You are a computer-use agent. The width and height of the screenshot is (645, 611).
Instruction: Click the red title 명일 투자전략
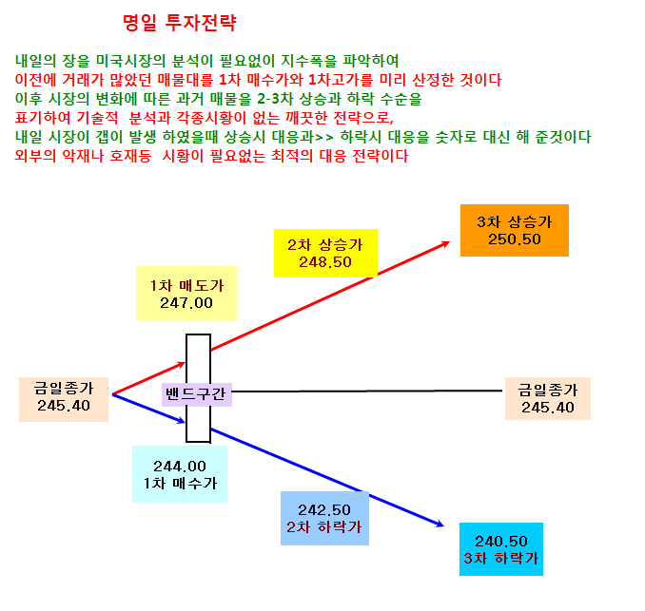180,23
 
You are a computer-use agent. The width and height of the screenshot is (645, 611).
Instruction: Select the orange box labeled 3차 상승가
514,230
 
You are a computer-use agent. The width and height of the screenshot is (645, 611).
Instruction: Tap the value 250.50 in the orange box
514,239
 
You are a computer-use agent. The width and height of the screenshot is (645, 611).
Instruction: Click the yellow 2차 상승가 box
325,253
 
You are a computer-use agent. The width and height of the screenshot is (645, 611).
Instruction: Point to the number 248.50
325,262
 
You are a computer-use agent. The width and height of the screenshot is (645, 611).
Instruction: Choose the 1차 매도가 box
186,294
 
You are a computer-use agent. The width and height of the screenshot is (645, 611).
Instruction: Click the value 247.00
186,303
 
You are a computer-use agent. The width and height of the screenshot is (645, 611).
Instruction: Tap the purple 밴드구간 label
197,394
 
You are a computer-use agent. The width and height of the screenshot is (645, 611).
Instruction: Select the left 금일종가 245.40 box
64,399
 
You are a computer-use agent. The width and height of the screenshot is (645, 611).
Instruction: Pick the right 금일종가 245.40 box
548,398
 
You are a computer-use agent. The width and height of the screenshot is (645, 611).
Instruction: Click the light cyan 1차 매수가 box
180,474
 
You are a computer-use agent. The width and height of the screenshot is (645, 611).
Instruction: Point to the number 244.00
180,467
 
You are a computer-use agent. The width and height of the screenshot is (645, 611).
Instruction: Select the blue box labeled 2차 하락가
324,518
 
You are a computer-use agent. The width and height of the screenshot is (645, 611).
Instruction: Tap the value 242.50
324,510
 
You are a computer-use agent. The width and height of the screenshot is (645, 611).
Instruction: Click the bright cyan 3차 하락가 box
501,549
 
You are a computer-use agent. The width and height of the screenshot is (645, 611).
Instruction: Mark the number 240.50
501,541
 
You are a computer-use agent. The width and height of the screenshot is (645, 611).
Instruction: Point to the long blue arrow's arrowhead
440,524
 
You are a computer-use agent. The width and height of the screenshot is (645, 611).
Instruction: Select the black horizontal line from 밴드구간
367,391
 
